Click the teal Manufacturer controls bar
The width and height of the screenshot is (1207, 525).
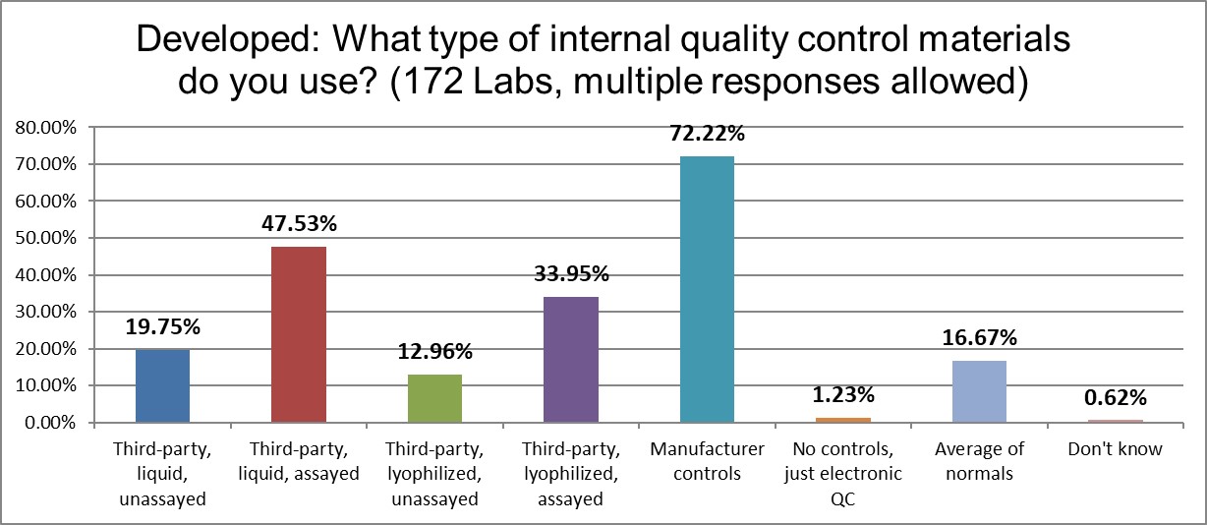706,289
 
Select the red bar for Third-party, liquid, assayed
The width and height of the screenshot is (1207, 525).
298,334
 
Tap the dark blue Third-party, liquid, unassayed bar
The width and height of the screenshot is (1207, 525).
161,385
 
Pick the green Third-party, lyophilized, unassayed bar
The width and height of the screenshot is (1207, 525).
433,398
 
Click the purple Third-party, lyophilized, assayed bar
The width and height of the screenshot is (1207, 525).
570,360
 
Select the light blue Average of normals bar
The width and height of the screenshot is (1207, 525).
978,391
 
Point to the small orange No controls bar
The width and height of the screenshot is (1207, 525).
842,420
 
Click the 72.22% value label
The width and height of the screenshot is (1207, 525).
706,134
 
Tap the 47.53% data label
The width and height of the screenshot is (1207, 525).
298,224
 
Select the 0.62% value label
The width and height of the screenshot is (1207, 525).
1115,398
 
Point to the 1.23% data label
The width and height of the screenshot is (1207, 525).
842,395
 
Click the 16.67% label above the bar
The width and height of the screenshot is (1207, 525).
978,338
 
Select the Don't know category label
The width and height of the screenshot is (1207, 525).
1115,449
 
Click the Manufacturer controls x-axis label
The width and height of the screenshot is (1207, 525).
706,461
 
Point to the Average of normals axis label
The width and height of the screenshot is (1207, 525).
978,461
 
